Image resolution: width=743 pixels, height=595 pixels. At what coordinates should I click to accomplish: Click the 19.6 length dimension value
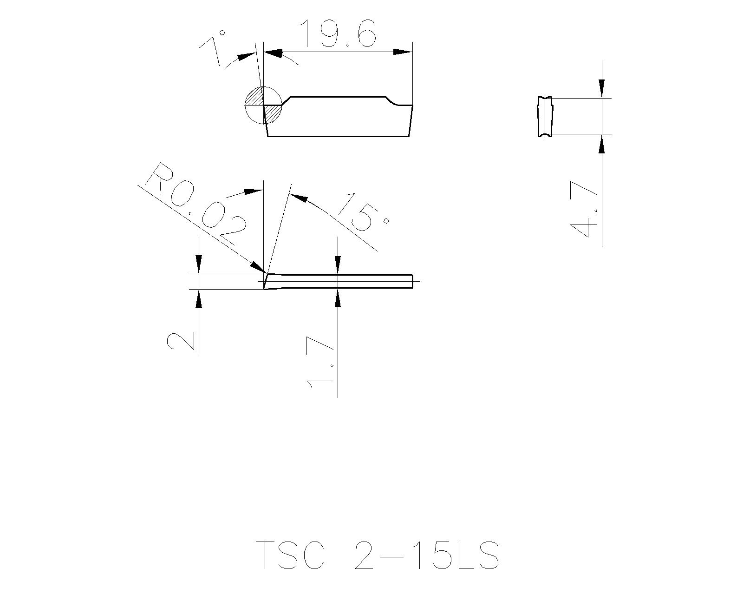337,33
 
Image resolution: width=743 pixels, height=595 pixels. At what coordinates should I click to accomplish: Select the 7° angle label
215,48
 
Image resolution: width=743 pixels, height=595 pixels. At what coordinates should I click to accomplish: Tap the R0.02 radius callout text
195,204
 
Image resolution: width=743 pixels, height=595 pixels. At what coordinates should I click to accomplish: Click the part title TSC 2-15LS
377,555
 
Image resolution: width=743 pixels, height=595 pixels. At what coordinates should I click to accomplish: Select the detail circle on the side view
262,106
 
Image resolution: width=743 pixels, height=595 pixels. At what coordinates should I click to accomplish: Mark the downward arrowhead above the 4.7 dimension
602,89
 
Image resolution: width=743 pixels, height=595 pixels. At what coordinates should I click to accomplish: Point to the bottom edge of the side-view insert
338,136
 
